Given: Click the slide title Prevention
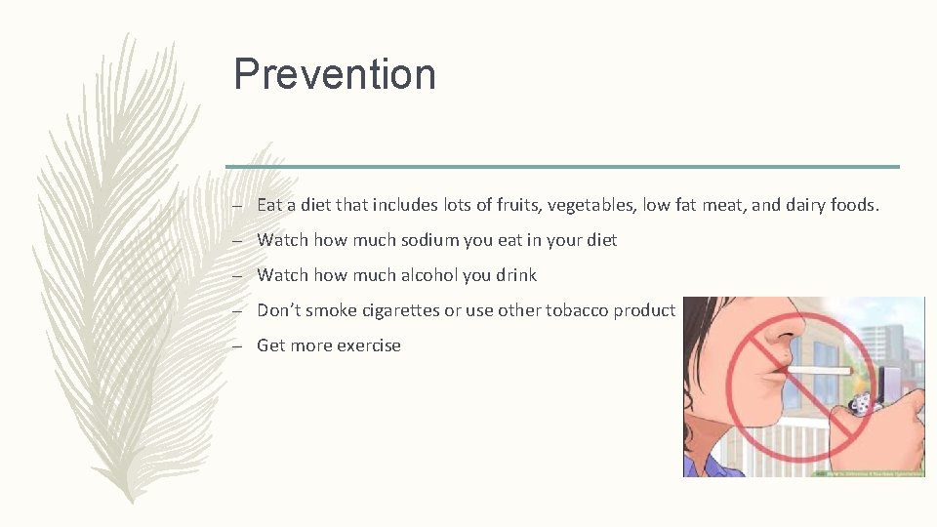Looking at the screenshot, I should (334, 75).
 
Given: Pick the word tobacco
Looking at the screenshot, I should (575, 310).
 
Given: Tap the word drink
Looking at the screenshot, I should (515, 275).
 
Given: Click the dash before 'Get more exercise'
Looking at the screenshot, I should (237, 345).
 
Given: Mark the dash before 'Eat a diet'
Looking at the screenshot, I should (237, 205).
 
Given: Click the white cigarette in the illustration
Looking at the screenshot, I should (820, 371).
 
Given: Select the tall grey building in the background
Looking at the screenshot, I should (893, 332).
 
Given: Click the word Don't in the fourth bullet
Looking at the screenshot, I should (279, 310).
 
